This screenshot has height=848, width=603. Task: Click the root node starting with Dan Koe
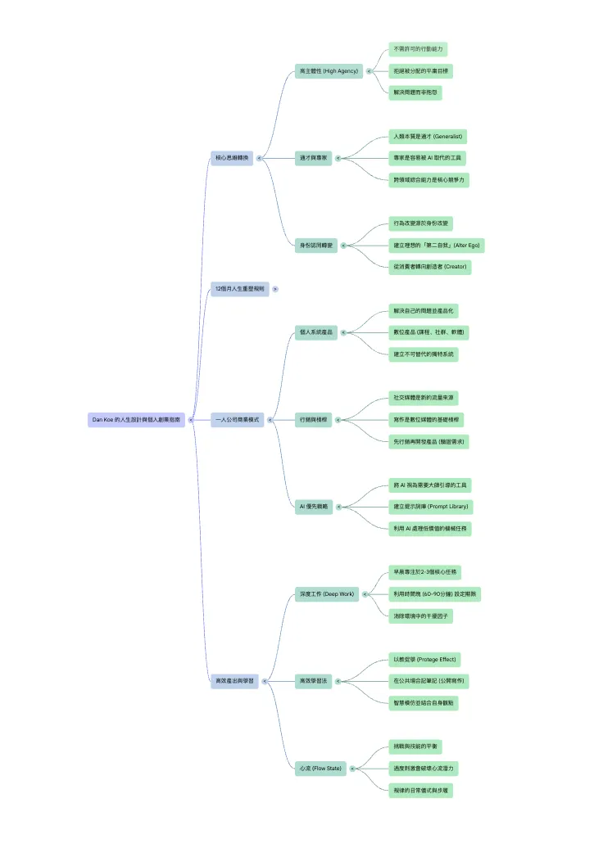[x=136, y=419]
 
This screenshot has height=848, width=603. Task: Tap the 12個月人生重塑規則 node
[x=240, y=289]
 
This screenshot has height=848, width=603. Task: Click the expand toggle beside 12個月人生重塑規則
[x=275, y=289]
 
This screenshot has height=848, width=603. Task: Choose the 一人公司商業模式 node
[x=237, y=419]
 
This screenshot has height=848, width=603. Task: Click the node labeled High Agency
[x=329, y=71]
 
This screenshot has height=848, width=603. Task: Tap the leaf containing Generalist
[x=428, y=137]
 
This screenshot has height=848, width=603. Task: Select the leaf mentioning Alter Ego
[x=436, y=246]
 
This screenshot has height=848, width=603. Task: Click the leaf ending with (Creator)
[x=430, y=267]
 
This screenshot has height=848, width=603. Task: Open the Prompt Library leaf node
[x=431, y=507]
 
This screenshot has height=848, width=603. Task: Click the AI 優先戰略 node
[x=314, y=507]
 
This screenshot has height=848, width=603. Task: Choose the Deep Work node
[x=326, y=593]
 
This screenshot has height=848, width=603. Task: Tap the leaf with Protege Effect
[x=424, y=659]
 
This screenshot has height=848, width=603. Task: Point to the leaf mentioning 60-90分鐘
[x=434, y=593]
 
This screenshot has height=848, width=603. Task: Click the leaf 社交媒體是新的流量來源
[x=424, y=398]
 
